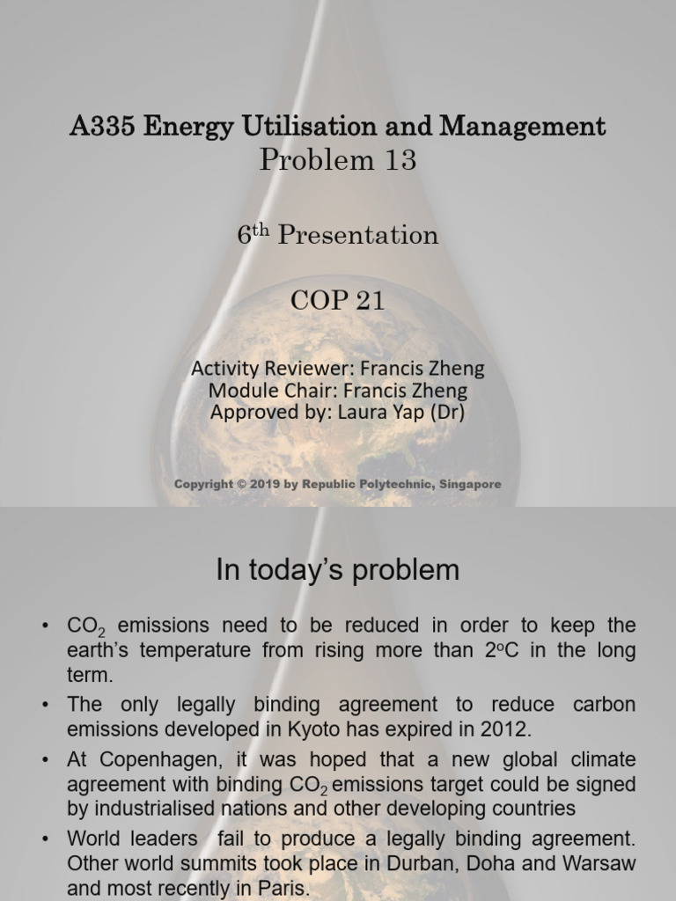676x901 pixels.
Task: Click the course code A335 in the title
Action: (x=102, y=127)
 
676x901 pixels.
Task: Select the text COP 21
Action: (x=337, y=300)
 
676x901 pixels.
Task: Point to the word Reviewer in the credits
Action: (x=311, y=369)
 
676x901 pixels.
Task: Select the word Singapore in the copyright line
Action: (x=467, y=484)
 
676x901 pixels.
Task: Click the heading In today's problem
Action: (x=337, y=570)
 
